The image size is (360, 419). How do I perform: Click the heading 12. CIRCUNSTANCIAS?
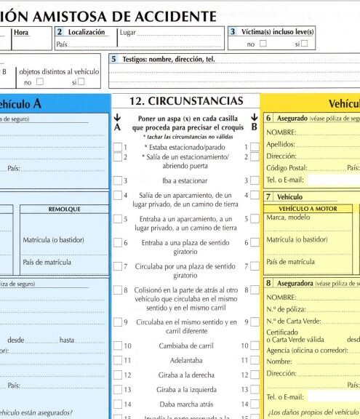[x=186, y=101]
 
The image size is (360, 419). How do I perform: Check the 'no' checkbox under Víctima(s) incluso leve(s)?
[x=263, y=44]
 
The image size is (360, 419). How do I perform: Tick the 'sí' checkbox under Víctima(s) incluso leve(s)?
[x=304, y=44]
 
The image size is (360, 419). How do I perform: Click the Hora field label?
[x=21, y=32]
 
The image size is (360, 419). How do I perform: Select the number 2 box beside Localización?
[x=59, y=32]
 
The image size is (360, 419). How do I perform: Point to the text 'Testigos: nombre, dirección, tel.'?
[x=167, y=59]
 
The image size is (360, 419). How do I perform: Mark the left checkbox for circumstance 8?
[x=117, y=290]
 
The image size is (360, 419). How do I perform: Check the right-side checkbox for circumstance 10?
[x=255, y=346]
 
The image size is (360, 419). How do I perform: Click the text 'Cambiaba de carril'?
[x=185, y=346]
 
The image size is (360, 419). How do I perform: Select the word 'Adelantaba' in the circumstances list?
[x=185, y=360]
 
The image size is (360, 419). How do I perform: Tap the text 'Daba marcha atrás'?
[x=185, y=403]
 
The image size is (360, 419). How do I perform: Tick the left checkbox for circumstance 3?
[x=117, y=180]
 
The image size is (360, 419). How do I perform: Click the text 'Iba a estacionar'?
[x=185, y=180]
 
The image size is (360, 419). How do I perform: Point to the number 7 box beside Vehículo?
[x=268, y=196]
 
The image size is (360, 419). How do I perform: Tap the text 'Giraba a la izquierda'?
[x=185, y=389]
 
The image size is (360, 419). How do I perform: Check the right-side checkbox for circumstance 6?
[x=255, y=242]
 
